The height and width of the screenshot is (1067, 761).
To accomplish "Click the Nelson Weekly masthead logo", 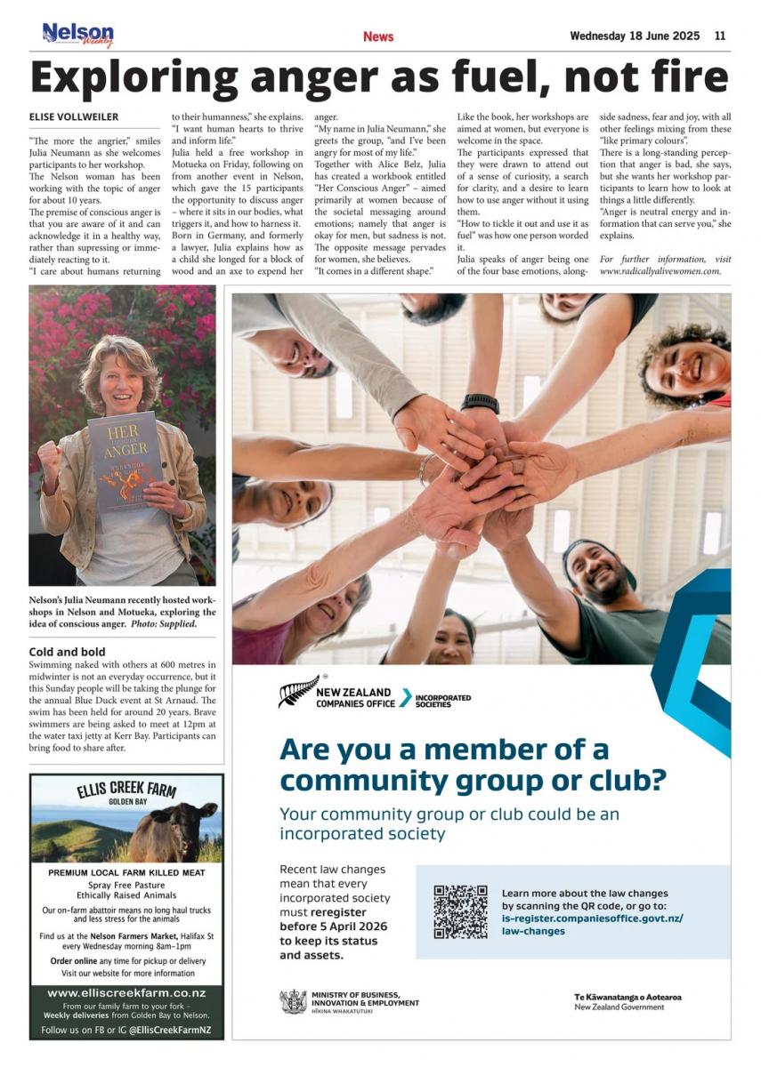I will point(78,35).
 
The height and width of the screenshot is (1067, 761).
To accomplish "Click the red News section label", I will point(378,36).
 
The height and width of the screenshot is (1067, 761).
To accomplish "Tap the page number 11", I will point(720,36).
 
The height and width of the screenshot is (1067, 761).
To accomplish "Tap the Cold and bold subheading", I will point(67,652).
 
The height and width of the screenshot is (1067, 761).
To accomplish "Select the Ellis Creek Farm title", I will point(127,790).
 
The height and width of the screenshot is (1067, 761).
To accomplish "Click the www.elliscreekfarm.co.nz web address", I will point(126,992).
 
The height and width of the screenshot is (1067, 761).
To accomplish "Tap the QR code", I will point(460,912).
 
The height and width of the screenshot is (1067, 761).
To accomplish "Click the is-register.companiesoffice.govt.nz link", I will point(592,918).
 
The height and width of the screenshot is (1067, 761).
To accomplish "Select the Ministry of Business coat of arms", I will point(293,1002).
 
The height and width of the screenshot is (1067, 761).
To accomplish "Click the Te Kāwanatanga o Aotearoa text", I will point(627,997).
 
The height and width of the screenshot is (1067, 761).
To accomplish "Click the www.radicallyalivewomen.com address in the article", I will point(660,270).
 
